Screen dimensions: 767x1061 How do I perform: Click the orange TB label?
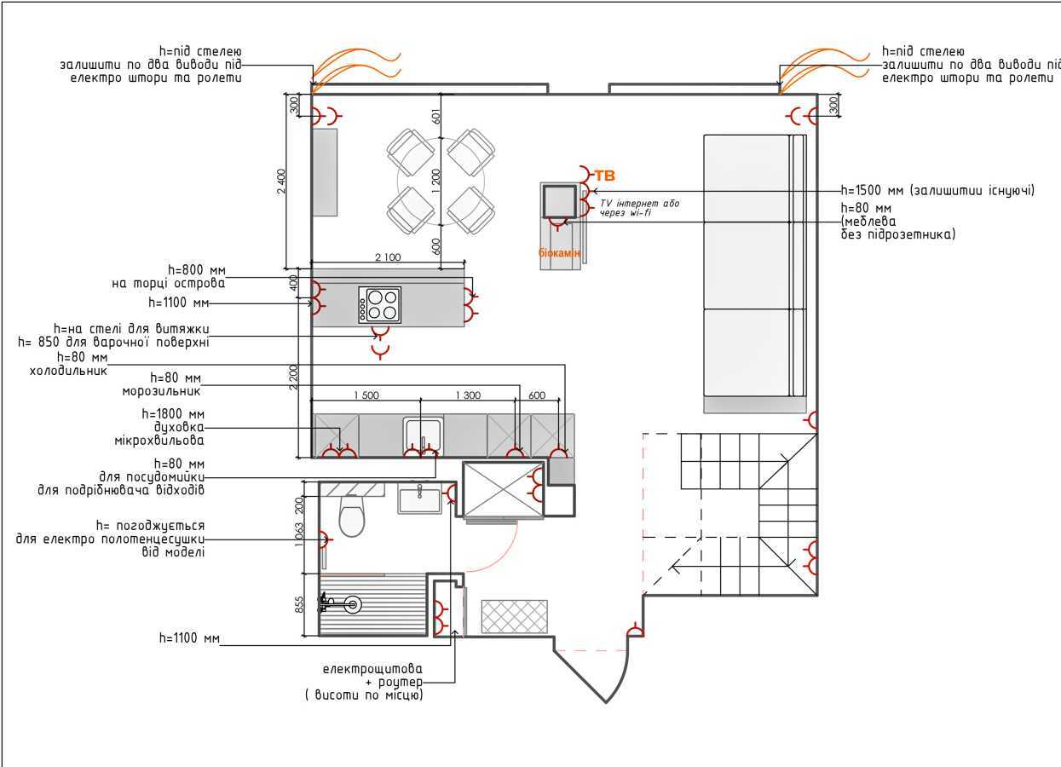click(604, 176)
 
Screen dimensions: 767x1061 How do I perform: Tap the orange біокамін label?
click(559, 253)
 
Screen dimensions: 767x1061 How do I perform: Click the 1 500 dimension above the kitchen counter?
click(366, 395)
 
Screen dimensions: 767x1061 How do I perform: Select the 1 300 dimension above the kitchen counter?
click(468, 395)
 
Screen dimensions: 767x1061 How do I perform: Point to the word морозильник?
click(161, 391)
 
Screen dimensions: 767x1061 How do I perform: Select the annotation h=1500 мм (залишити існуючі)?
click(937, 190)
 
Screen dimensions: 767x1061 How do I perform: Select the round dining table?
click(441, 182)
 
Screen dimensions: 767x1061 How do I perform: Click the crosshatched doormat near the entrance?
click(514, 616)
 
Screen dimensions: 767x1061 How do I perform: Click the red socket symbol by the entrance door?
click(634, 631)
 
